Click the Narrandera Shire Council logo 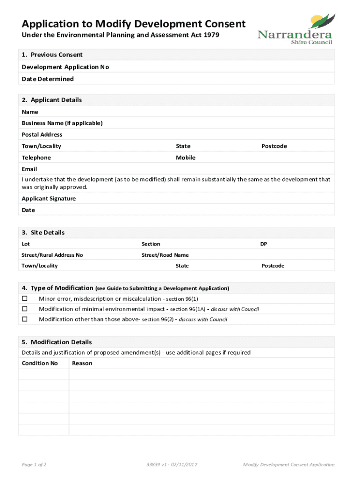[295, 29]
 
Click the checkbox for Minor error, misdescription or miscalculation [25, 298]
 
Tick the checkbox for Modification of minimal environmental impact [25, 309]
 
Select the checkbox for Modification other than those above [25, 319]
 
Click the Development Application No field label [65, 67]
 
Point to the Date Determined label [48, 79]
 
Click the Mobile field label [186, 158]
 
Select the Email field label [29, 169]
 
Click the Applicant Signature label [49, 198]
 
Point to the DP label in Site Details [264, 244]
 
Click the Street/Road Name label [165, 255]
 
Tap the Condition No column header [40, 363]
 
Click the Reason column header [82, 363]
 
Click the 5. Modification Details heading [57, 342]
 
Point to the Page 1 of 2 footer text [34, 464]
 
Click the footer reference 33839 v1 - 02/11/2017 [172, 464]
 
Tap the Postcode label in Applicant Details [274, 146]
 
